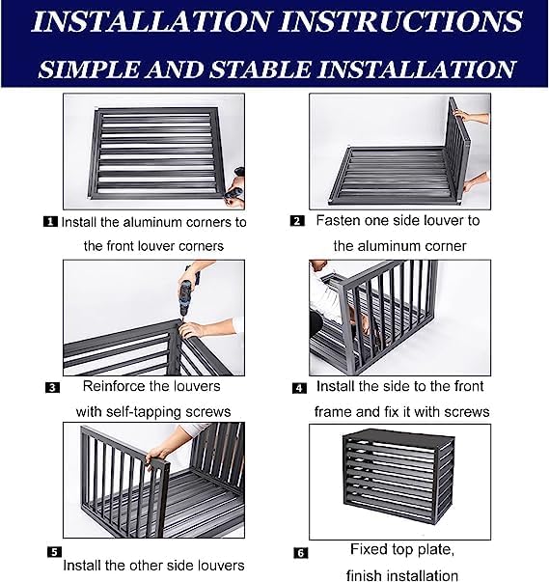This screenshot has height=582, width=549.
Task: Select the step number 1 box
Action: (x=51, y=221)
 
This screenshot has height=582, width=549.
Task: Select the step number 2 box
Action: (x=297, y=220)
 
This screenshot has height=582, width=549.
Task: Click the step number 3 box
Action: (x=52, y=388)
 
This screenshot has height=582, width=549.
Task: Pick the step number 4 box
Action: (x=300, y=388)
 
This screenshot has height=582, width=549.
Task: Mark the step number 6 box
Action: (x=300, y=554)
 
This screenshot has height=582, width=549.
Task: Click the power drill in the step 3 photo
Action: (x=189, y=290)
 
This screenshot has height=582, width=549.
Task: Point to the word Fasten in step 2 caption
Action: (x=339, y=220)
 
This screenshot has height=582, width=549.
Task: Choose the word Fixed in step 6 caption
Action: (x=369, y=550)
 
